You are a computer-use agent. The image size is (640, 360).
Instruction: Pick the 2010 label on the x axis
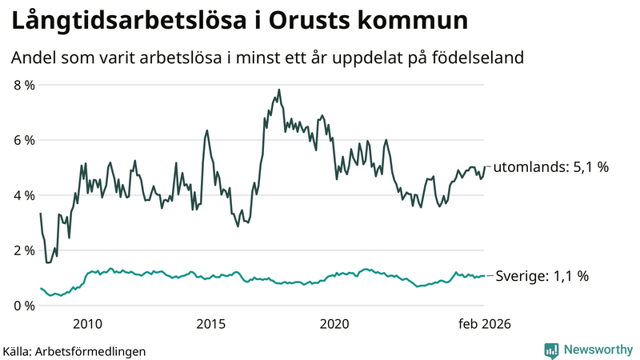87,324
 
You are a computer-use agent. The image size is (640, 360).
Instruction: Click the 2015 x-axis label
211,324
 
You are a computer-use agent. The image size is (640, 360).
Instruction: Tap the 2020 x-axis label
334,324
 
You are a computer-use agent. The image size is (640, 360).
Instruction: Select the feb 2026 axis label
483,324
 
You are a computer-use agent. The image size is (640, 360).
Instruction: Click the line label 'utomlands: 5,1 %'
551,168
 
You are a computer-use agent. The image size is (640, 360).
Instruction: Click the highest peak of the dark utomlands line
278,90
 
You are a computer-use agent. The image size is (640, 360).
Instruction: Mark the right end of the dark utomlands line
485,166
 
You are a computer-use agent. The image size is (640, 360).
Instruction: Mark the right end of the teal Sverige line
485,276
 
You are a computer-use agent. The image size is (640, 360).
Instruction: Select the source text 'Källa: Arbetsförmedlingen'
74,350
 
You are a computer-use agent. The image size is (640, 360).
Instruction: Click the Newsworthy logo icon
551,350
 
